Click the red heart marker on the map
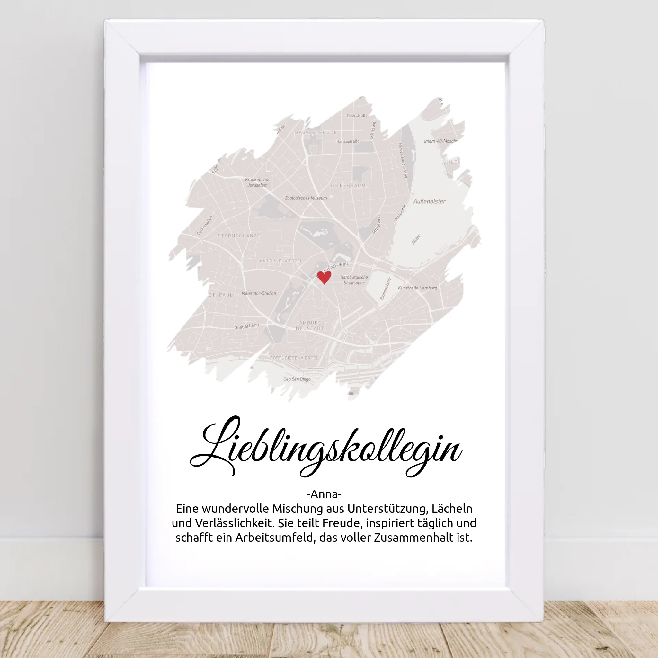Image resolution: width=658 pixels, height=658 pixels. pyautogui.click(x=324, y=277)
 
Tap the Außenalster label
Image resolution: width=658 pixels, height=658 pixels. pyautogui.click(x=429, y=201)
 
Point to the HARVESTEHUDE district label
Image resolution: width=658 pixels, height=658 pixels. pyautogui.click(x=316, y=132)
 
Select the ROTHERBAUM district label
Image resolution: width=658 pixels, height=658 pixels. pyautogui.click(x=347, y=186)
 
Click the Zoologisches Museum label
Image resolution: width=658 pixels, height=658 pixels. pyautogui.click(x=306, y=198)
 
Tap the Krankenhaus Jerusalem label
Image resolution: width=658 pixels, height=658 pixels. pyautogui.click(x=257, y=182)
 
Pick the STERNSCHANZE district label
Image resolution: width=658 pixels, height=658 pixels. pyautogui.click(x=239, y=236)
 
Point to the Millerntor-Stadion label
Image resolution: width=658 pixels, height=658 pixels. pyautogui.click(x=259, y=293)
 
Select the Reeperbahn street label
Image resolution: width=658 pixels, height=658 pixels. pyautogui.click(x=246, y=327)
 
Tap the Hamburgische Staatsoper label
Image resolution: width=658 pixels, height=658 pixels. pyautogui.click(x=354, y=280)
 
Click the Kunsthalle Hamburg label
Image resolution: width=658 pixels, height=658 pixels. pyautogui.click(x=417, y=288)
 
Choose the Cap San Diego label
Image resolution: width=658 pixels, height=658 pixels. pyautogui.click(x=297, y=379)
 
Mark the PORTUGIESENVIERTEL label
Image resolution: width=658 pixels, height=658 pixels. pyautogui.click(x=294, y=358)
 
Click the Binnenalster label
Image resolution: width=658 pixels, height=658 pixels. pyautogui.click(x=385, y=289)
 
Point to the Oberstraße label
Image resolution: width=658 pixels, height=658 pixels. pyautogui.click(x=357, y=115)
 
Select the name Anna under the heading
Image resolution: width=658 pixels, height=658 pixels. pyautogui.click(x=324, y=494)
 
